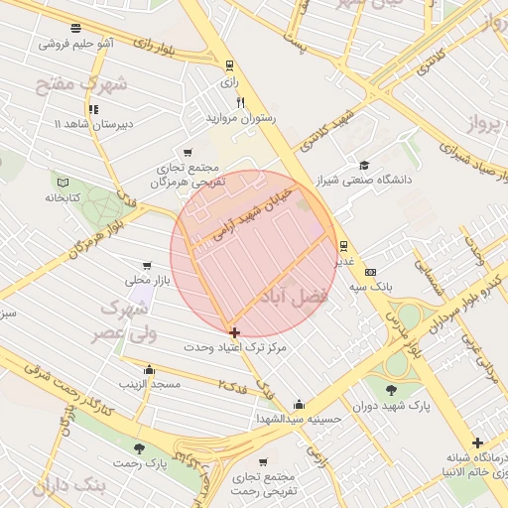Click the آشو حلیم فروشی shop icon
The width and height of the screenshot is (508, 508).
(76, 28)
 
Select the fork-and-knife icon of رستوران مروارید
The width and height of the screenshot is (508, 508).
(239, 102)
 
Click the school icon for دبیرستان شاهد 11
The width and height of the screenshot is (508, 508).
(93, 109)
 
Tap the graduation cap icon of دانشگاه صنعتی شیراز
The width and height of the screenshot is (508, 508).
(364, 166)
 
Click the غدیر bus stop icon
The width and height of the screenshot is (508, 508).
(343, 245)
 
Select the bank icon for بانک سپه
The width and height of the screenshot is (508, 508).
(371, 271)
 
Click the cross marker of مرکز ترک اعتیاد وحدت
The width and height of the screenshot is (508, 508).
(234, 332)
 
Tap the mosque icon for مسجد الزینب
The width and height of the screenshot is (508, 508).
(149, 369)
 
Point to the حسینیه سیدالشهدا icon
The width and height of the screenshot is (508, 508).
(299, 404)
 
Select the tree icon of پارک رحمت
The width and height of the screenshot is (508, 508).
(139, 448)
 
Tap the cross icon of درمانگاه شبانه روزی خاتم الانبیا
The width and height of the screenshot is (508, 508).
(477, 443)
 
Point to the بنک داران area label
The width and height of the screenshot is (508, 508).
(68, 487)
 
